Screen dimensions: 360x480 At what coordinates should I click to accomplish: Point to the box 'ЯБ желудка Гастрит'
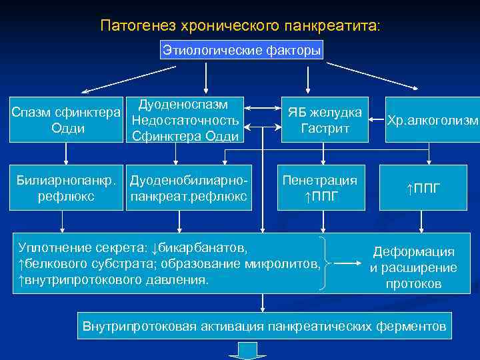325,119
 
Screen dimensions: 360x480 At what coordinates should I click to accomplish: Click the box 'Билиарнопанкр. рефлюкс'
65,188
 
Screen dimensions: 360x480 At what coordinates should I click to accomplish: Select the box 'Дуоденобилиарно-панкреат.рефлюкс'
189,188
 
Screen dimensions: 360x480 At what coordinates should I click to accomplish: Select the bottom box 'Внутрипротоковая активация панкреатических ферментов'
264,326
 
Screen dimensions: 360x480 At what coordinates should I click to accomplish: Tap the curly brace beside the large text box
325,264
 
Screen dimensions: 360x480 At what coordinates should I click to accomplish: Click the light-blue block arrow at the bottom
247,351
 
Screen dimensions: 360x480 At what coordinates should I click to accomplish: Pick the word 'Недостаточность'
185,121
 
